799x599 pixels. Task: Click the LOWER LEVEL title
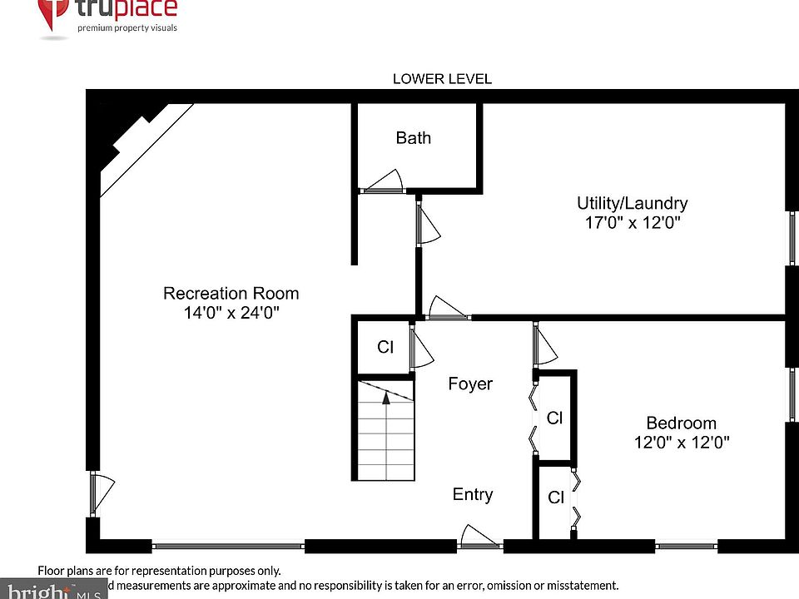[x=442, y=79]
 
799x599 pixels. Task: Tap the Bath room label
[x=414, y=138]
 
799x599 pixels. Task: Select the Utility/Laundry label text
[x=633, y=203]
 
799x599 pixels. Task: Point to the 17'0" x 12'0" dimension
[x=633, y=223]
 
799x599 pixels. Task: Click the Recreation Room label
[x=231, y=294]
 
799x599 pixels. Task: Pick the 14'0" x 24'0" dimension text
[x=231, y=314]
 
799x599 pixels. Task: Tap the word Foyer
[x=470, y=384]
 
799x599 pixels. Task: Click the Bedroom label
[x=681, y=423]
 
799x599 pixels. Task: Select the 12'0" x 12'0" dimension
[x=681, y=443]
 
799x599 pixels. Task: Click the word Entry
[x=473, y=494]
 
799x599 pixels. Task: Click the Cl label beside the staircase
[x=385, y=347]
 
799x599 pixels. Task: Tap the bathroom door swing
[x=384, y=182]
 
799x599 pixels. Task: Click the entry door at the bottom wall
[x=480, y=538]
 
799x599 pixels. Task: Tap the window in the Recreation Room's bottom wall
[x=228, y=547]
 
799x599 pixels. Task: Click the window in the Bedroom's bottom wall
[x=686, y=547]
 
